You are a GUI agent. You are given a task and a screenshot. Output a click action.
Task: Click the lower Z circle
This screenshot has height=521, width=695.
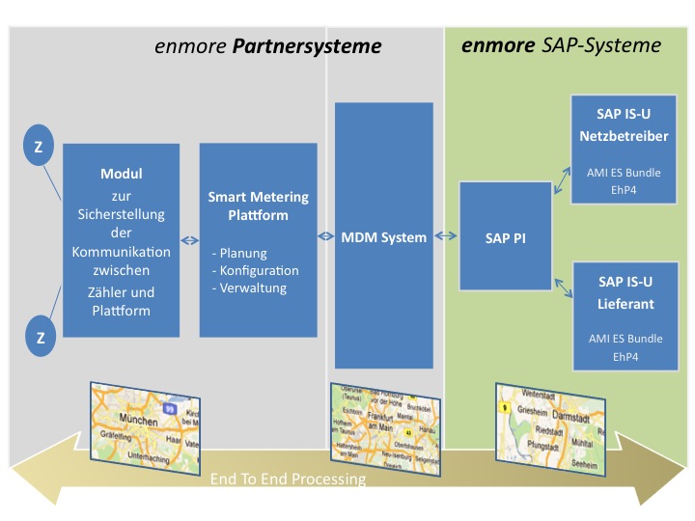[x=41, y=337]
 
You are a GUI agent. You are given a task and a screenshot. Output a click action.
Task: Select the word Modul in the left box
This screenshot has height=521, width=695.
[x=122, y=174]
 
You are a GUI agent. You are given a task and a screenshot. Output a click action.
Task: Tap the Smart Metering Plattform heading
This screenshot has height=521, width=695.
[x=258, y=206]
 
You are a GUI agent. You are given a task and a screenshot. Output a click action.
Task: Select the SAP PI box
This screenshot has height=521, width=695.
[x=497, y=236]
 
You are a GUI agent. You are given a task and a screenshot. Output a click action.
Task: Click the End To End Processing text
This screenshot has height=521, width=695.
[x=288, y=479]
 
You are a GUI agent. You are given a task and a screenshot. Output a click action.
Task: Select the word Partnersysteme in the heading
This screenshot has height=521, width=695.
[x=311, y=46]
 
